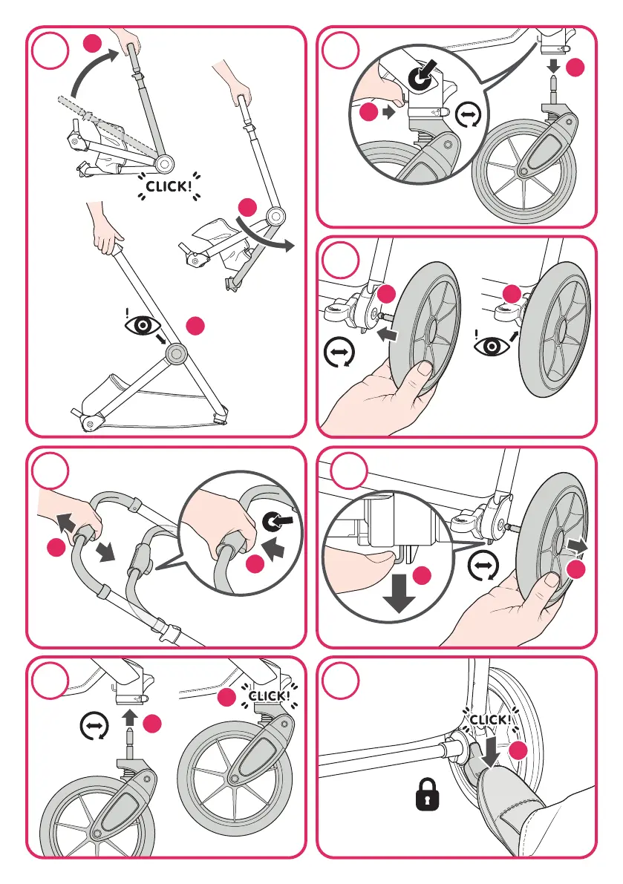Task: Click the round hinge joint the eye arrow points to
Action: point(177,353)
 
